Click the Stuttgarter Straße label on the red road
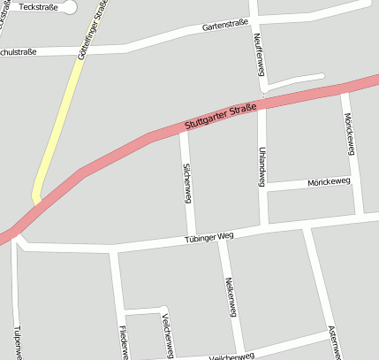(x=221, y=116)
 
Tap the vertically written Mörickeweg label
(x=350, y=134)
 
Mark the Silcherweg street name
(x=187, y=182)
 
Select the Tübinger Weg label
(x=208, y=237)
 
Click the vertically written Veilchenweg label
(x=166, y=337)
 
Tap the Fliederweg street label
(x=123, y=341)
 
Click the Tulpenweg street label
(x=17, y=341)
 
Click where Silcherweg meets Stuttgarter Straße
(x=184, y=130)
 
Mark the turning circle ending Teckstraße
(x=70, y=7)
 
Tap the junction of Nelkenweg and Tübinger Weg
(x=224, y=236)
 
